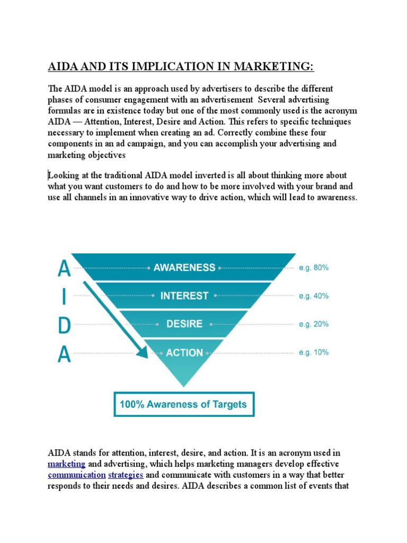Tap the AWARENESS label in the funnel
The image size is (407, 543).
[x=184, y=268]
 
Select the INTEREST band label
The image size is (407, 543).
[x=184, y=296]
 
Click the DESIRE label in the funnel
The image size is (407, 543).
[x=184, y=324]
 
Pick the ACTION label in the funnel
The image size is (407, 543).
[x=184, y=353]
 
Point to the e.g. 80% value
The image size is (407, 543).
[x=313, y=268]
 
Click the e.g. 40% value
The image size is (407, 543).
[x=313, y=296]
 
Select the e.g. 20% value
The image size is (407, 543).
[x=313, y=324]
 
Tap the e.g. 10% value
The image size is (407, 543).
[x=313, y=352]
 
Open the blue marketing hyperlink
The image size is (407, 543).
[x=66, y=464]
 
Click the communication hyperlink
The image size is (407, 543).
[x=76, y=475]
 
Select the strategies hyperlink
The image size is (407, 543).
[x=126, y=475]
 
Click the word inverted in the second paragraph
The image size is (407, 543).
[x=238, y=176]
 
